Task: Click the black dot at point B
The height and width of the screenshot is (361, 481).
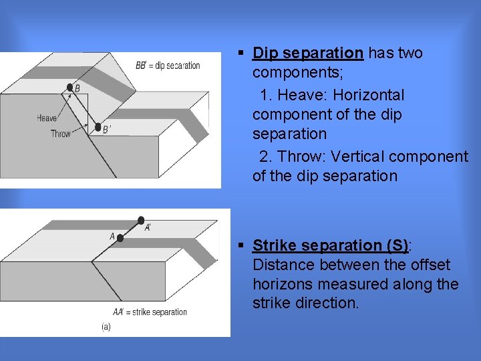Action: point(69,87)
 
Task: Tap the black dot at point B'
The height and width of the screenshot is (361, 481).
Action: point(98,127)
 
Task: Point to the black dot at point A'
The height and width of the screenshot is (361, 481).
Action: point(140,220)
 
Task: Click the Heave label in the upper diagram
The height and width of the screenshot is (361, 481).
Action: point(47,118)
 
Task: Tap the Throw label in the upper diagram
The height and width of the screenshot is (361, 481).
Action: point(60,134)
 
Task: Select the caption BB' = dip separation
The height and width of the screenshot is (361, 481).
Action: point(168,66)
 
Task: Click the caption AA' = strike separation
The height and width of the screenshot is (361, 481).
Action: point(150,312)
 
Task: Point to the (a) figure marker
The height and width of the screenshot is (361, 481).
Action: point(106,327)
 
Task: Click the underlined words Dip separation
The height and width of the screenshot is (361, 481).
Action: point(308,53)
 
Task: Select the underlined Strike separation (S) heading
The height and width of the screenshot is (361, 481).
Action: point(331,245)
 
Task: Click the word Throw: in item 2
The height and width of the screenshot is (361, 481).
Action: point(301,156)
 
